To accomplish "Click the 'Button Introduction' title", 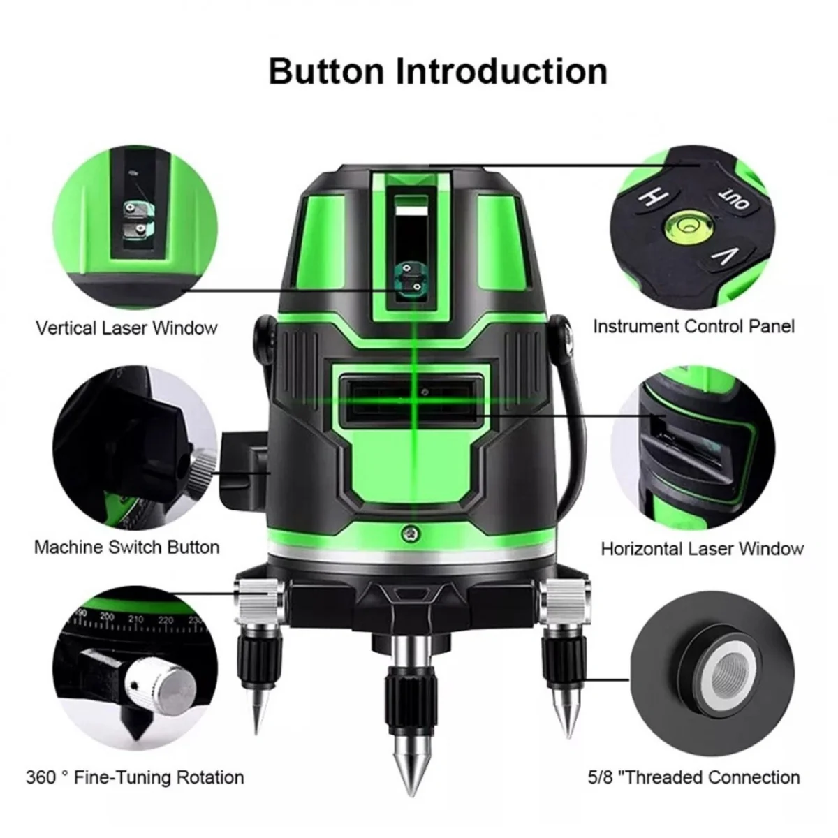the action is tap(438, 71).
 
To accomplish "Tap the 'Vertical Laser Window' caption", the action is tap(126, 328).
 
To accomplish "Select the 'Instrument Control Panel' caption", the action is tap(694, 327).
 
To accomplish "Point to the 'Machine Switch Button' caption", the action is tap(126, 547).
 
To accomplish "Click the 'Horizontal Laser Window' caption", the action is tap(703, 549).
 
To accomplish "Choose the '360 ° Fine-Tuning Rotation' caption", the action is tap(135, 777).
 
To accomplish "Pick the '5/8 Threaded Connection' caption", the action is tap(693, 777).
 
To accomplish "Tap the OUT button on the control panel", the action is tap(733, 199).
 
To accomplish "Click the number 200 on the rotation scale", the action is tap(107, 617).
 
